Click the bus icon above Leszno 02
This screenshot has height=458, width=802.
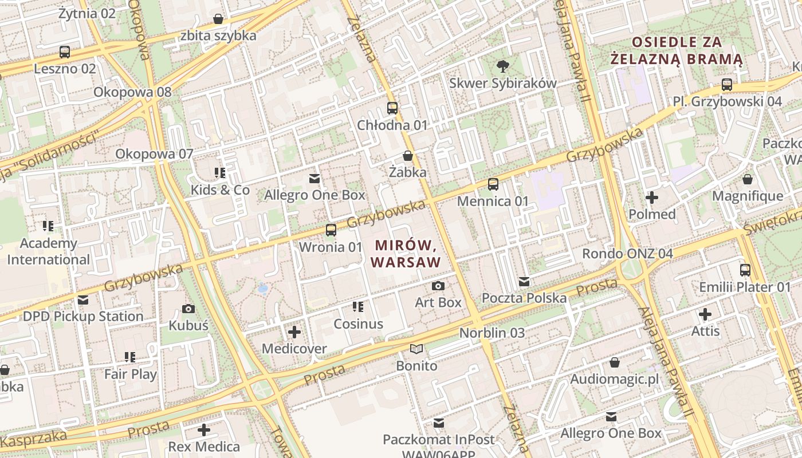point(65,52)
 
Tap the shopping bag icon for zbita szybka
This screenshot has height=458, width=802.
point(218,19)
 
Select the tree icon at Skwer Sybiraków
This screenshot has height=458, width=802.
point(502,66)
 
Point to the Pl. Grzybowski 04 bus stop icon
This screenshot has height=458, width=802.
point(727,85)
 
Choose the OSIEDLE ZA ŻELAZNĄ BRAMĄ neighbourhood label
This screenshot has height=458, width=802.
point(677,50)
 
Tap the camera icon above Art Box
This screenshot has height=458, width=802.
point(438,286)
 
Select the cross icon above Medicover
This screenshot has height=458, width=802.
point(294,332)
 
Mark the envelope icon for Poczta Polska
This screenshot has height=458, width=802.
point(524,282)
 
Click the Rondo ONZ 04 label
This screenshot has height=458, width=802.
point(627,253)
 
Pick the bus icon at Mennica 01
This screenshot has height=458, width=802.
point(493,184)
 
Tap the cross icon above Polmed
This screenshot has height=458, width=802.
point(652,198)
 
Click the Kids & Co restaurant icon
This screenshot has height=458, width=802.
point(220,173)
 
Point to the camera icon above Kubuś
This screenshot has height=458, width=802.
point(188,309)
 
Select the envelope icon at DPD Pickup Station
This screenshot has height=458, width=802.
point(83,300)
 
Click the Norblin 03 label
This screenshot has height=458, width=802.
point(492,333)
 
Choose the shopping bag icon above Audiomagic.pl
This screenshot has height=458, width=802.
point(615,363)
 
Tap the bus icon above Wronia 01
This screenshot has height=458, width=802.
point(331,230)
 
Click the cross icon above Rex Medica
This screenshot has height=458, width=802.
point(204,430)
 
